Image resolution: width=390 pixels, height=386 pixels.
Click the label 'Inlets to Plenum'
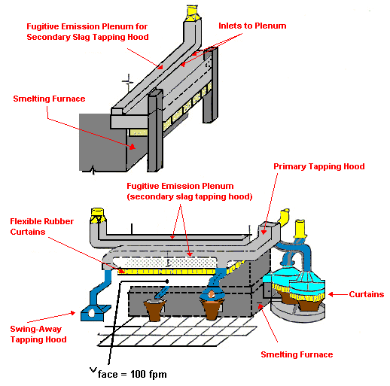[x=252, y=26]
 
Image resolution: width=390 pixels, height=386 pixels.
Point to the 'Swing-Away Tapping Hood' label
[x=39, y=334]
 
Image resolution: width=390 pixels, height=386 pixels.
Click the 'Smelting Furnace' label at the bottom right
[x=297, y=354]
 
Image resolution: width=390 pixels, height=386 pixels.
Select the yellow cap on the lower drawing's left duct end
[x=96, y=216]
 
